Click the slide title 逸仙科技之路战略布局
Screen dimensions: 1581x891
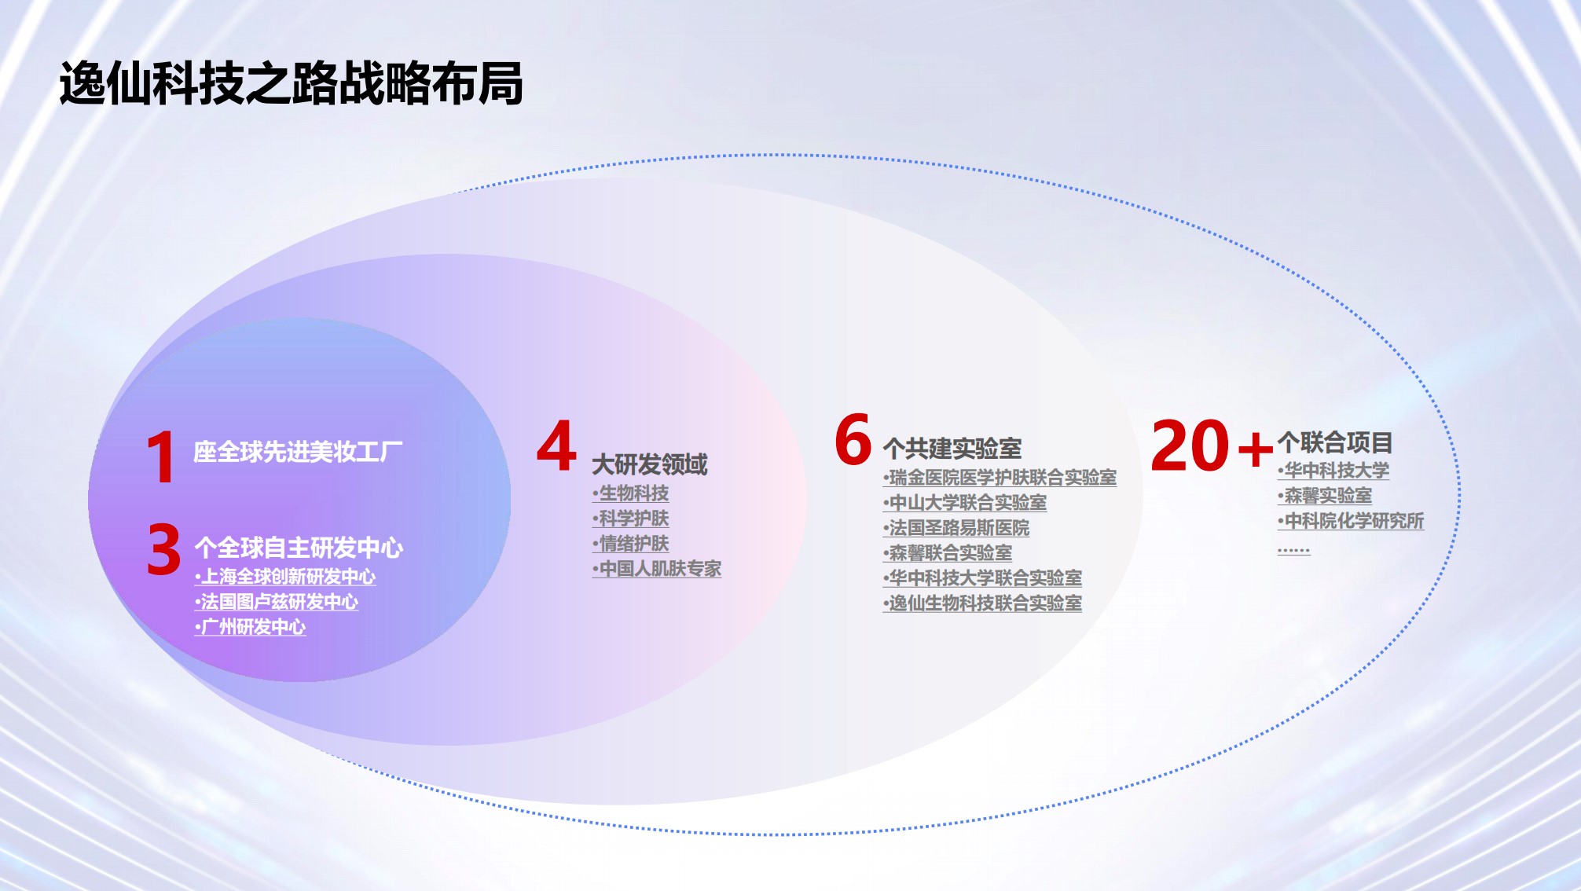click(x=292, y=83)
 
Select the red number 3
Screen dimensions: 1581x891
click(x=163, y=549)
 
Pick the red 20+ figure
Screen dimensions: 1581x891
click(x=1212, y=445)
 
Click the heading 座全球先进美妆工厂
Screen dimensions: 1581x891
click(x=298, y=452)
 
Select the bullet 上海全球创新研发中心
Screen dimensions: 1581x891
click(x=285, y=577)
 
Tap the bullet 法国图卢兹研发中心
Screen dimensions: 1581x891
click(x=277, y=602)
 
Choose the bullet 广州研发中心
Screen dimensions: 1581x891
click(x=250, y=627)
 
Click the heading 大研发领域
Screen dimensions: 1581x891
click(x=650, y=464)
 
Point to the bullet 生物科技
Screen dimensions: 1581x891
click(x=631, y=493)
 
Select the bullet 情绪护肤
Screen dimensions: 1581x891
click(x=631, y=544)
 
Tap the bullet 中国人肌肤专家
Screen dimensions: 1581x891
click(x=657, y=569)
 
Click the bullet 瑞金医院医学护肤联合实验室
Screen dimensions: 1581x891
click(x=1000, y=478)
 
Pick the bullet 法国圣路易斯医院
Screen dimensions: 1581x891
click(x=956, y=528)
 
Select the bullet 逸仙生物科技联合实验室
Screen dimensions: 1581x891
click(x=982, y=603)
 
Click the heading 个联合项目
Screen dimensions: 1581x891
click(x=1335, y=442)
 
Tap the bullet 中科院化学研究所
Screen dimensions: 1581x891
click(x=1351, y=521)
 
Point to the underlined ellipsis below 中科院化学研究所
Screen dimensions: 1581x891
click(x=1293, y=550)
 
